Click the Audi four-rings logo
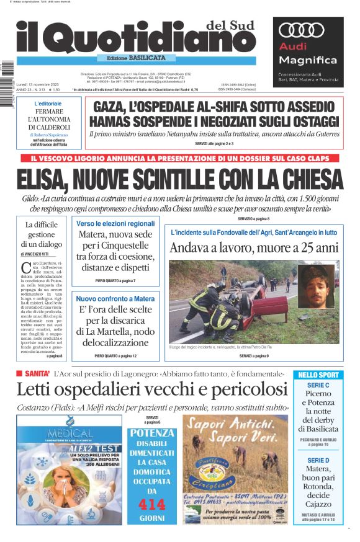pyautogui.click(x=303, y=31)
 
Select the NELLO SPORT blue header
pyautogui.click(x=318, y=375)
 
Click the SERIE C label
pyautogui.click(x=318, y=385)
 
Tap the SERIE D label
pyautogui.click(x=318, y=461)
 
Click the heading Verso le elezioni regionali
pyautogui.click(x=115, y=223)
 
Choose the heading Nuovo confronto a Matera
pyautogui.click(x=115, y=298)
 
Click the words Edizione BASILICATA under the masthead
pyautogui.click(x=136, y=57)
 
